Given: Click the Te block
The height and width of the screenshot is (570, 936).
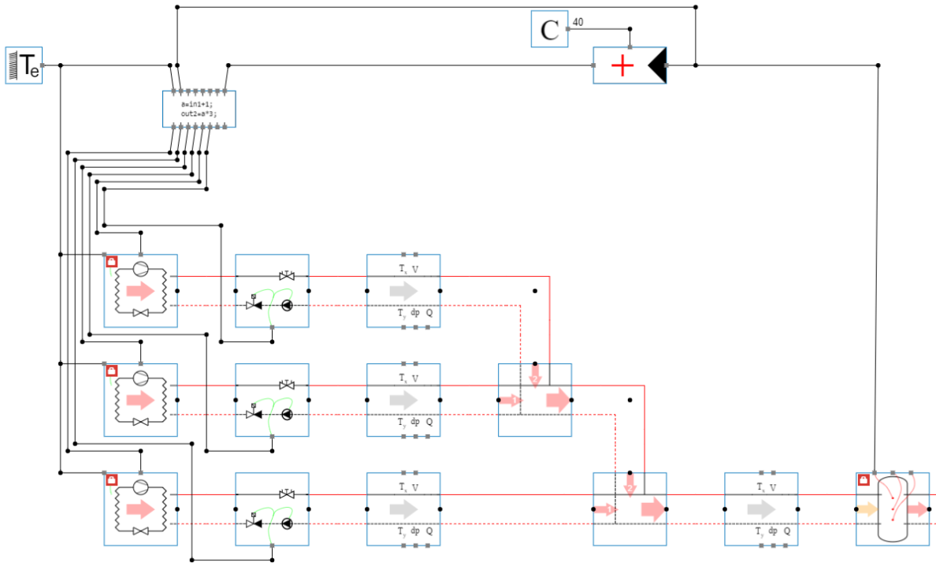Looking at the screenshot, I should click(24, 65).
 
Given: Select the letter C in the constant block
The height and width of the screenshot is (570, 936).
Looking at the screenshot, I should click(549, 30).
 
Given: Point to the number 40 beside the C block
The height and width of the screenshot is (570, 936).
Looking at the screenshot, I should click(578, 21).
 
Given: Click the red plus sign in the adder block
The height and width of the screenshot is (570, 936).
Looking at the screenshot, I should click(622, 65).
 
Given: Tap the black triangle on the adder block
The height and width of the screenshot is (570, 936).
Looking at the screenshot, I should click(657, 65).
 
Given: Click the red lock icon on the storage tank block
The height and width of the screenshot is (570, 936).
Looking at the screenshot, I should click(864, 479).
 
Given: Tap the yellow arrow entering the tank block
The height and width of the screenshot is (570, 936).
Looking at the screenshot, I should click(867, 509).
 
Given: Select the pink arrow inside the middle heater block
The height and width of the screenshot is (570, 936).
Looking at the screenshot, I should click(140, 400).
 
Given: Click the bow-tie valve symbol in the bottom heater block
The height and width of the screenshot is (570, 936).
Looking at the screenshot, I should click(141, 531).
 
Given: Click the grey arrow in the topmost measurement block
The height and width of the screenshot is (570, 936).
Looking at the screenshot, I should click(403, 291).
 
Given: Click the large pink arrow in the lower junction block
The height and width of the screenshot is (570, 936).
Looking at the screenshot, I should click(652, 509).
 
